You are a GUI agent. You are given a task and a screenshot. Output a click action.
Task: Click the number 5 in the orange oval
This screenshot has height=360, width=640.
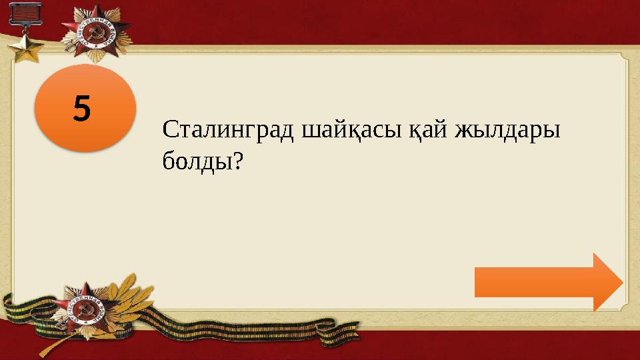point(81,107)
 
